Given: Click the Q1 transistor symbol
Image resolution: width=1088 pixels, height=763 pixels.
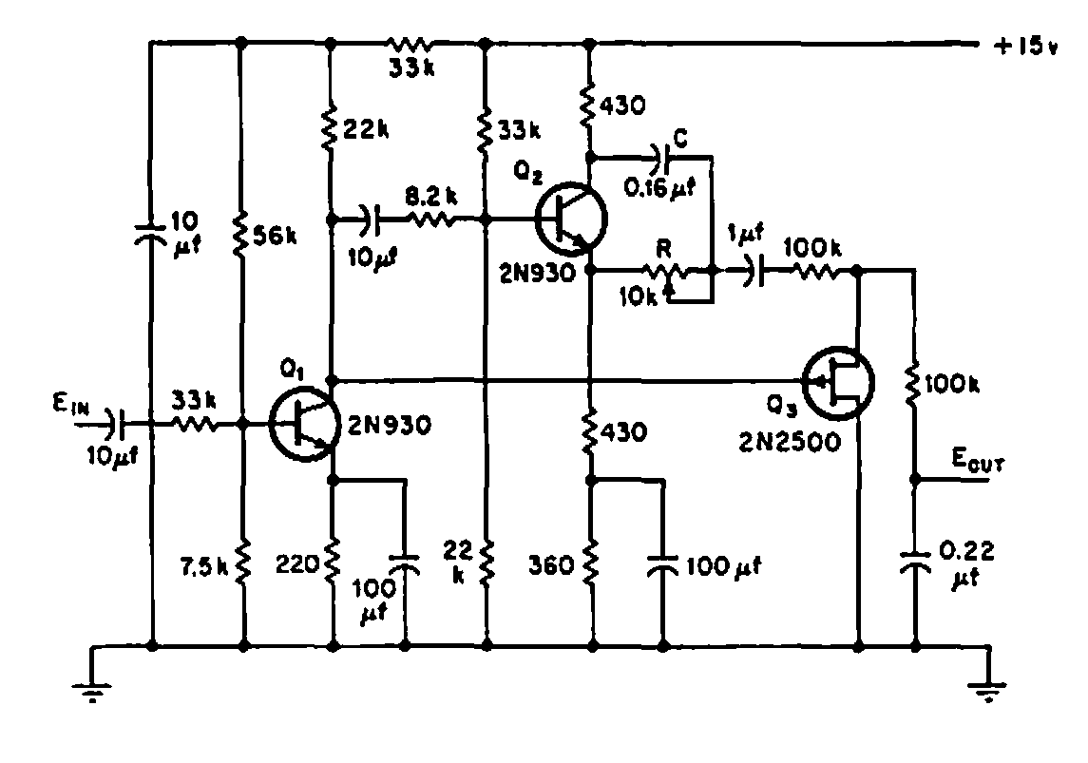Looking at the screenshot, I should tap(302, 425).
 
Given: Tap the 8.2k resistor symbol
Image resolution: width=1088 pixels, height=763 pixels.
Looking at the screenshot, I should tap(429, 219).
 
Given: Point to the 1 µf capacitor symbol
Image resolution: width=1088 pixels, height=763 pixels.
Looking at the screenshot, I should tap(751, 271).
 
